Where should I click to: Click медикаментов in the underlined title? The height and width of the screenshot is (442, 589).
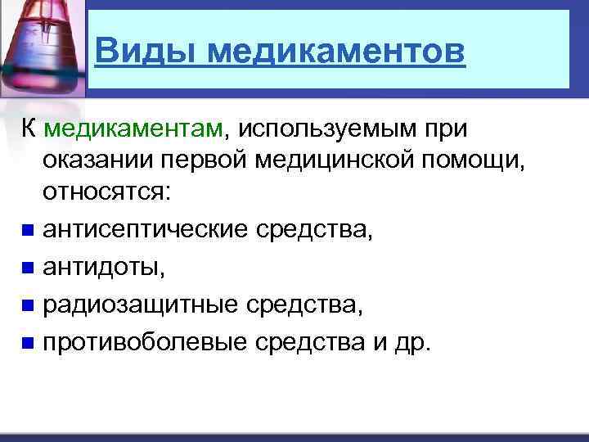click(x=335, y=52)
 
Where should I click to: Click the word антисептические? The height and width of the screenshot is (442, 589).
click(x=147, y=230)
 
